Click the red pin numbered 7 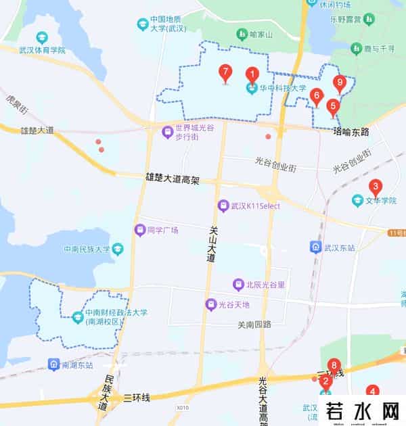(x=225, y=72)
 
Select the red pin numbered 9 (x=340, y=83)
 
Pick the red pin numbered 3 (x=375, y=187)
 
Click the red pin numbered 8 (x=332, y=365)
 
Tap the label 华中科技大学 (x=285, y=88)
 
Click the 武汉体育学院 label (x=43, y=51)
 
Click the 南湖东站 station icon (x=53, y=365)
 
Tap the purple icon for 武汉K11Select (x=222, y=205)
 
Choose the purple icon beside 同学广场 (x=139, y=230)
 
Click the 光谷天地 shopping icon (x=211, y=305)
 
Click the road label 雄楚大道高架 (x=173, y=178)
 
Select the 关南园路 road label (x=254, y=324)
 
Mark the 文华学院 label (x=380, y=200)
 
